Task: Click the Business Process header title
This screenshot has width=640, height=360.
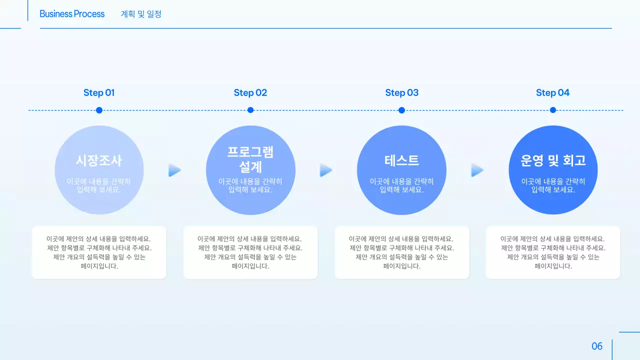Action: coord(72,14)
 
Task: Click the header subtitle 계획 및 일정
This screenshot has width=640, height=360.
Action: coord(141,14)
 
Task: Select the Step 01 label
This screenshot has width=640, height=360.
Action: coord(99,92)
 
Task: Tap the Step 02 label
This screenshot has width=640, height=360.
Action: coord(250,92)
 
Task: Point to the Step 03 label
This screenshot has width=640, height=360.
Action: coord(402,92)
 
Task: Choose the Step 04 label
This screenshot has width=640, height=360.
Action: coord(553,92)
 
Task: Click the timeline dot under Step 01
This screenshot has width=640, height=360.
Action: coord(99,110)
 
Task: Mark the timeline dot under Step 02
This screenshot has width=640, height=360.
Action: coord(250,110)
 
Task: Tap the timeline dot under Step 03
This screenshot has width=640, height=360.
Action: coord(401,110)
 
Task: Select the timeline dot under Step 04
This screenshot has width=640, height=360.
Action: coord(553,110)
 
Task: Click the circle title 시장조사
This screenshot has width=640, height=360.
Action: coord(99,160)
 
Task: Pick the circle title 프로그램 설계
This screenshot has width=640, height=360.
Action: coord(250,159)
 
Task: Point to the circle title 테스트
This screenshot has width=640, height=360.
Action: coord(401,160)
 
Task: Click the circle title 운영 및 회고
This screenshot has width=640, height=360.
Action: coord(553,160)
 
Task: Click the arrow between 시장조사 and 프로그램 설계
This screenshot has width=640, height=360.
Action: coord(174,170)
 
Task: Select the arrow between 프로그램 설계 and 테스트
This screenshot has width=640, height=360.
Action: coord(326,170)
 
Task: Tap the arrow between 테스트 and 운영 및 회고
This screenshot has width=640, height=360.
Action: coord(477,170)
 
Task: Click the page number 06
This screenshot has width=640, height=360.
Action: coord(597,346)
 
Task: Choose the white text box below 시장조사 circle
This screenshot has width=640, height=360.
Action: coord(99,252)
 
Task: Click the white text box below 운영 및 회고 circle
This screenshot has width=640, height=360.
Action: coord(553,252)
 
